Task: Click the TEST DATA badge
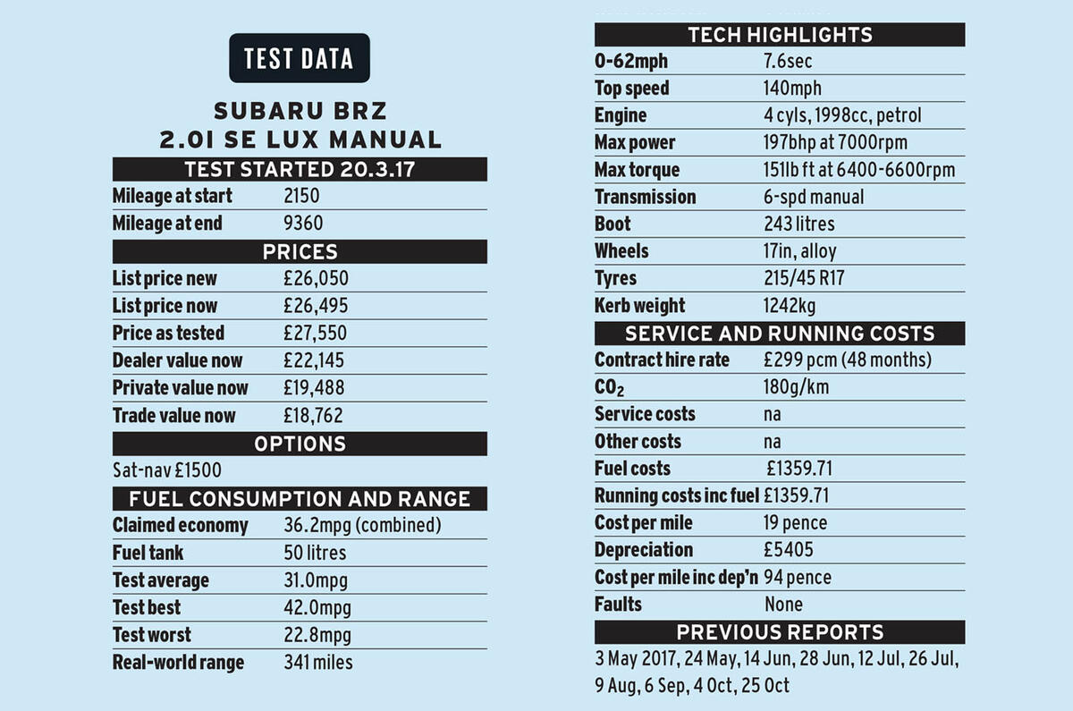pyautogui.click(x=299, y=59)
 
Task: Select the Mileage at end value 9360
pyautogui.click(x=303, y=224)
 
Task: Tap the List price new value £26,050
pyautogui.click(x=316, y=279)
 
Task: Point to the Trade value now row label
pyautogui.click(x=174, y=416)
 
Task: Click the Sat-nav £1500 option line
pyautogui.click(x=167, y=470)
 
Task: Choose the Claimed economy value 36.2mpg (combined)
pyautogui.click(x=362, y=526)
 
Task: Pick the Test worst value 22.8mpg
pyautogui.click(x=317, y=636)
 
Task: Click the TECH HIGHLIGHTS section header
pyautogui.click(x=780, y=35)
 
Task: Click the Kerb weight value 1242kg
pyautogui.click(x=789, y=307)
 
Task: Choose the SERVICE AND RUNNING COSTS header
pyautogui.click(x=780, y=334)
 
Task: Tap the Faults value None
pyautogui.click(x=784, y=605)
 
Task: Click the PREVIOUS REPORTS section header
pyautogui.click(x=780, y=632)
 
